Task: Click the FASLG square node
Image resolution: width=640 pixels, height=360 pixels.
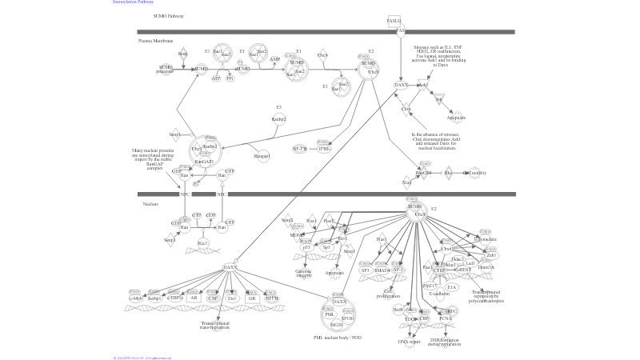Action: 394,20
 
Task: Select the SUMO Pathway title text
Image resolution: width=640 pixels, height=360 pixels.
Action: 168,15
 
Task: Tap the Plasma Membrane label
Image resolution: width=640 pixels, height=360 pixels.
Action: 155,40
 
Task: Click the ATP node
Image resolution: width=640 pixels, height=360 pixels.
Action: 216,78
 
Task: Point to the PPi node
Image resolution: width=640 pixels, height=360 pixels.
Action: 230,78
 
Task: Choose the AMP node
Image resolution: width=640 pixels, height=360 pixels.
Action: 274,59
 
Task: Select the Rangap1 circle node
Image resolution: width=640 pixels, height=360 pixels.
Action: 262,156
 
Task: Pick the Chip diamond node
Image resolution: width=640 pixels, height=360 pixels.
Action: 406,109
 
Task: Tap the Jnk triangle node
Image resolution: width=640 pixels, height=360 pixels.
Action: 438,100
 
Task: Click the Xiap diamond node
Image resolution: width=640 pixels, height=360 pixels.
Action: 407,182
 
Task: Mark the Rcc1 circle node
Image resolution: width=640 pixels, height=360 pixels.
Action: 203,243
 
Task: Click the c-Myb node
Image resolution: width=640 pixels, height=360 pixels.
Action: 137,298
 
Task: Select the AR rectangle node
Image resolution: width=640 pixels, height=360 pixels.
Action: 194,298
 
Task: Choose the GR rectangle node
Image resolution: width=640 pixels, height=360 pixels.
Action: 252,298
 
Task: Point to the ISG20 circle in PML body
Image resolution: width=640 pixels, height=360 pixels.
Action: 337,324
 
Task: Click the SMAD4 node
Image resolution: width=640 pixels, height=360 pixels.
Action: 382,270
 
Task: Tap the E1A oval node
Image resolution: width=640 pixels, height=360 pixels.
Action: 452,286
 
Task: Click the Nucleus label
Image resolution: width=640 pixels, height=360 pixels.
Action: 150,204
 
